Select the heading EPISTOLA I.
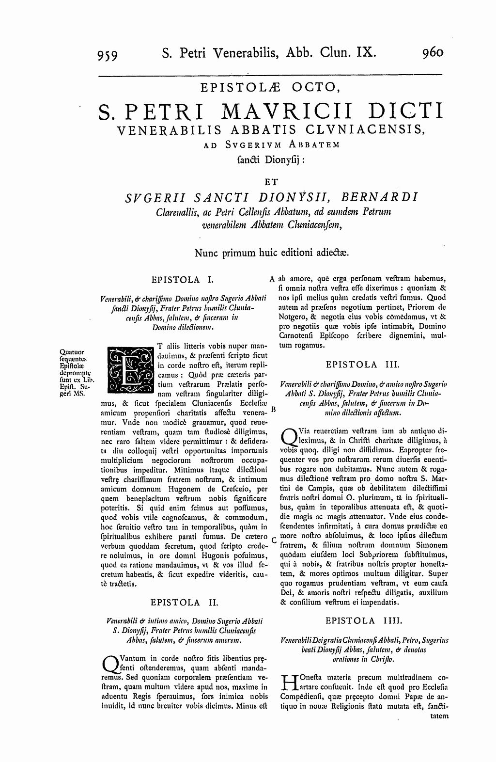pos(182,279)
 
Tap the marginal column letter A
pos(272,279)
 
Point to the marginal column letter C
pos(274,540)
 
